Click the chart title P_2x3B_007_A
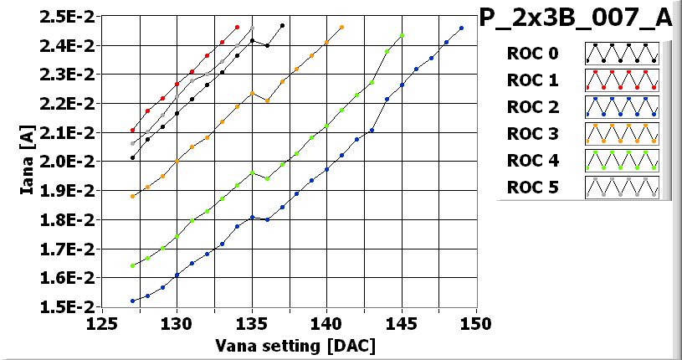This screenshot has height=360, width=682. pyautogui.click(x=575, y=18)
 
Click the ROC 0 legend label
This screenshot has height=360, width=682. pyautogui.click(x=531, y=54)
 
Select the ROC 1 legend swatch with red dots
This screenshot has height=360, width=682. pyautogui.click(x=622, y=81)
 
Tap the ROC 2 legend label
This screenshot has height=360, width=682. pyautogui.click(x=531, y=107)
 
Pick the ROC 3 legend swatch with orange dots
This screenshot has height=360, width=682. pyautogui.click(x=622, y=134)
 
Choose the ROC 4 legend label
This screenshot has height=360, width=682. pyautogui.click(x=531, y=161)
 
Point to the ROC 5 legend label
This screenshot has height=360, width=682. pyautogui.click(x=531, y=188)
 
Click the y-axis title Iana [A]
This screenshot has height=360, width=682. pyautogui.click(x=27, y=159)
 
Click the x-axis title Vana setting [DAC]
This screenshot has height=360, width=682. pyautogui.click(x=294, y=345)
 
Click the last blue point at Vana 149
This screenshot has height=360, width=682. pyautogui.click(x=461, y=28)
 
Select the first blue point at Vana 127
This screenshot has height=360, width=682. pyautogui.click(x=132, y=301)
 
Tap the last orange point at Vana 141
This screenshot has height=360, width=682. pyautogui.click(x=341, y=27)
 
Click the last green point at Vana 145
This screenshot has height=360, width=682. pyautogui.click(x=402, y=35)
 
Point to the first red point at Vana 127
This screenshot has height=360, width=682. pyautogui.click(x=132, y=130)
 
